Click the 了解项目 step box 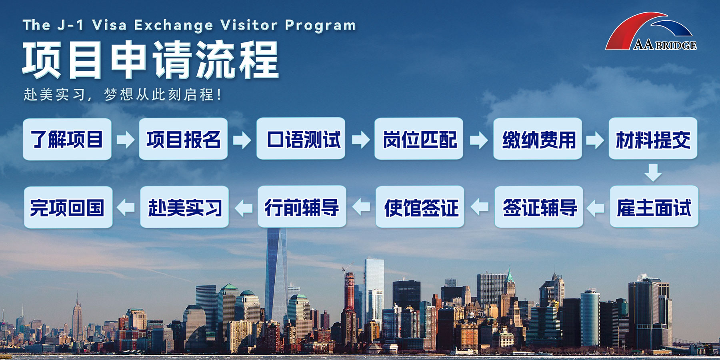pos(67,139)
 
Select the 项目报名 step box pos(183,139)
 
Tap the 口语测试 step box pos(301,139)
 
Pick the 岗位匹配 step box pos(419,139)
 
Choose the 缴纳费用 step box pos(538,139)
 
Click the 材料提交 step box pos(653,138)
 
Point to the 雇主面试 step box pos(654,206)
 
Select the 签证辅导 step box pos(539,207)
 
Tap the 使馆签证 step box pos(420,207)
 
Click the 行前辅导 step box pos(302,206)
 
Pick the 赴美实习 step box pos(184,207)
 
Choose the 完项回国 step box pos(68,207)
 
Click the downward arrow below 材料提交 pos(653,172)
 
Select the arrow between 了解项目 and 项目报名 pos(126,140)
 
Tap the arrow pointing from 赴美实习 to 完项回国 pos(126,208)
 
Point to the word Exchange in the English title pos(174,25)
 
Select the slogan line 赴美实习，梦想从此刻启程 pos(122,95)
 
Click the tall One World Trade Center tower pos(276,276)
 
